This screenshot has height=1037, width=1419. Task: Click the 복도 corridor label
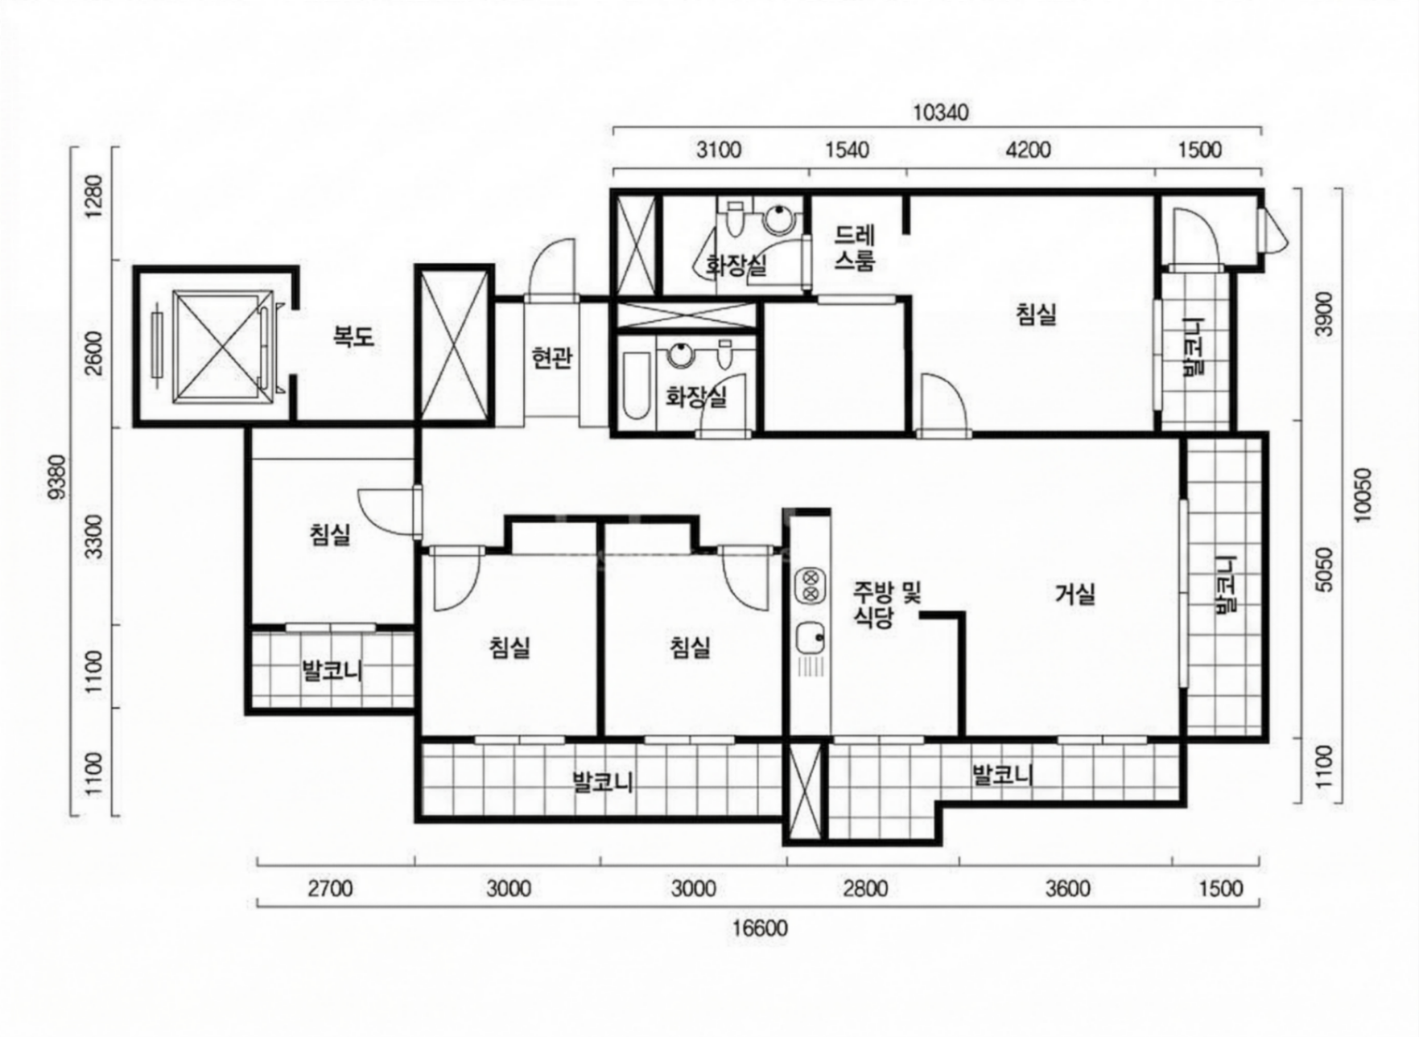click(x=354, y=335)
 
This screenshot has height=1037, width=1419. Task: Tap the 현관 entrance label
click(x=552, y=357)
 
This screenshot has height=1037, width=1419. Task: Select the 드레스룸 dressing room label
click(x=855, y=248)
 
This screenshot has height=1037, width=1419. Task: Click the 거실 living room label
click(x=1075, y=595)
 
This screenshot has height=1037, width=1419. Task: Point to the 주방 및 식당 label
click(x=886, y=605)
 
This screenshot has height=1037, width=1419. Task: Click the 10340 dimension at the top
click(x=940, y=112)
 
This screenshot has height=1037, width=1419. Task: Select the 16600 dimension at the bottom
click(x=760, y=928)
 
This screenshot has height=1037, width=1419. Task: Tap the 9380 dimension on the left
click(x=58, y=477)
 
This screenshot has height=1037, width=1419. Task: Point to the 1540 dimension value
click(x=848, y=150)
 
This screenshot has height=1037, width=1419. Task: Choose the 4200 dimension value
click(x=1029, y=150)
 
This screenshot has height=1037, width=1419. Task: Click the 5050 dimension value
click(x=1324, y=569)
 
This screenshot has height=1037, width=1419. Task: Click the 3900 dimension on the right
click(x=1324, y=314)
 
